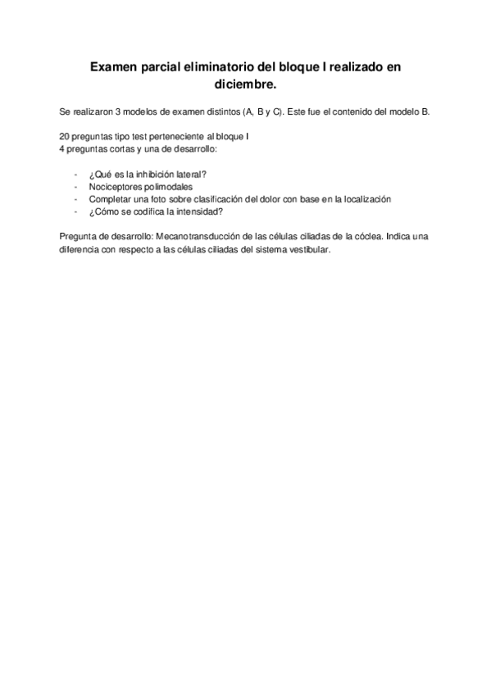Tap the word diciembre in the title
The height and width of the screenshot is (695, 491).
[x=244, y=84]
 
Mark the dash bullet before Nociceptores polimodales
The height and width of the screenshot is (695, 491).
[x=75, y=187]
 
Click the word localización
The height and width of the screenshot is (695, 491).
[x=362, y=199]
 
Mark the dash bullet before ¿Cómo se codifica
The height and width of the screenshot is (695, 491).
[x=75, y=211]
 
